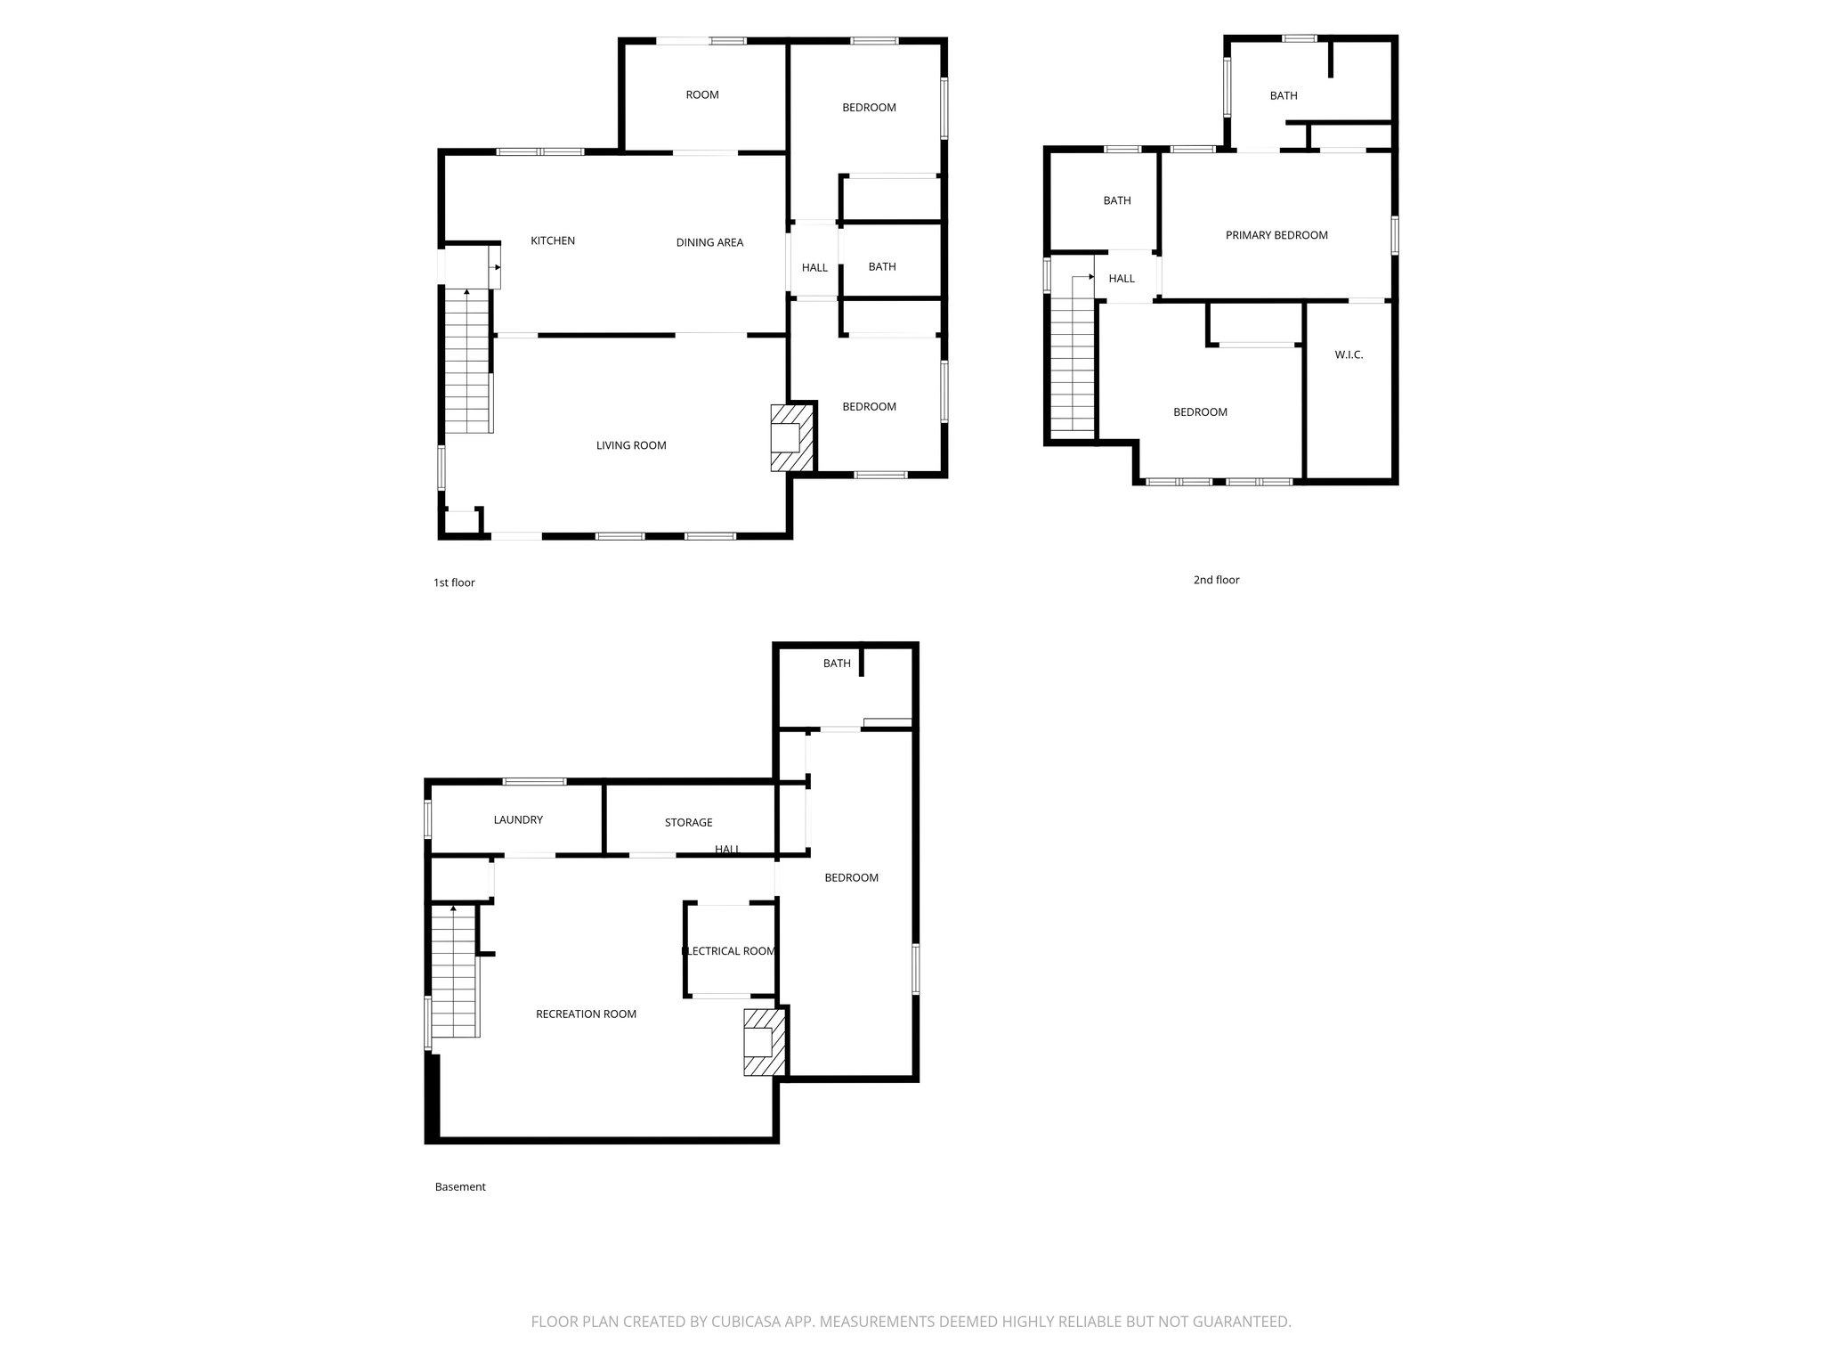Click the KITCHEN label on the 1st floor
click(x=553, y=240)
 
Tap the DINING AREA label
click(x=709, y=242)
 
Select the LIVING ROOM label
click(x=631, y=445)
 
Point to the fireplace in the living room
click(x=790, y=437)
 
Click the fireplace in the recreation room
click(x=764, y=1041)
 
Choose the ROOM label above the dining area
click(x=702, y=95)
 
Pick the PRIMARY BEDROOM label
click(x=1276, y=235)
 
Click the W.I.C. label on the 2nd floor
click(x=1349, y=354)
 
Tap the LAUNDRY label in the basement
click(x=518, y=819)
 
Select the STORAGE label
click(x=688, y=822)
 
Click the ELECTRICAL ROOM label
click(x=730, y=950)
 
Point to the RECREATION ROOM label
click(x=586, y=1014)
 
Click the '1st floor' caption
click(x=454, y=582)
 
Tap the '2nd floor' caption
click(x=1216, y=580)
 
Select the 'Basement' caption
click(x=460, y=1186)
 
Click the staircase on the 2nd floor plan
click(x=1073, y=365)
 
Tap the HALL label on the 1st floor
click(x=814, y=267)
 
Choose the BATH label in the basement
click(x=837, y=664)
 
